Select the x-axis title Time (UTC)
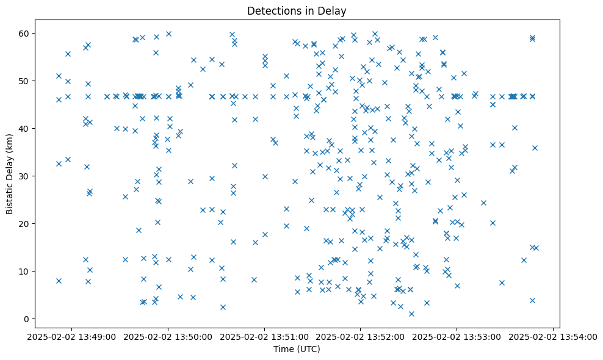pyautogui.click(x=296, y=349)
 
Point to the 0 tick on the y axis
pyautogui.click(x=27, y=319)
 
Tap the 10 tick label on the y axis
pyautogui.click(x=25, y=271)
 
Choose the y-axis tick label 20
pyautogui.click(x=25, y=223)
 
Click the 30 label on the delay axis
pyautogui.click(x=25, y=176)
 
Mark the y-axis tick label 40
pyautogui.click(x=25, y=128)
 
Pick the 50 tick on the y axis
pyautogui.click(x=25, y=81)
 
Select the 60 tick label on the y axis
pyautogui.click(x=25, y=33)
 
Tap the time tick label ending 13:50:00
pyautogui.click(x=168, y=336)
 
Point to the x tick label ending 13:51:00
pyautogui.click(x=265, y=336)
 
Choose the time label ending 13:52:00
pyautogui.click(x=361, y=336)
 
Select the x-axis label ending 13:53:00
pyautogui.click(x=457, y=336)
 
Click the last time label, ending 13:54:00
pyautogui.click(x=553, y=336)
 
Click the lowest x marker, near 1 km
pyautogui.click(x=411, y=314)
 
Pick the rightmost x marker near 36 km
pyautogui.click(x=535, y=148)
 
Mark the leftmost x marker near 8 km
pyautogui.click(x=59, y=281)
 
